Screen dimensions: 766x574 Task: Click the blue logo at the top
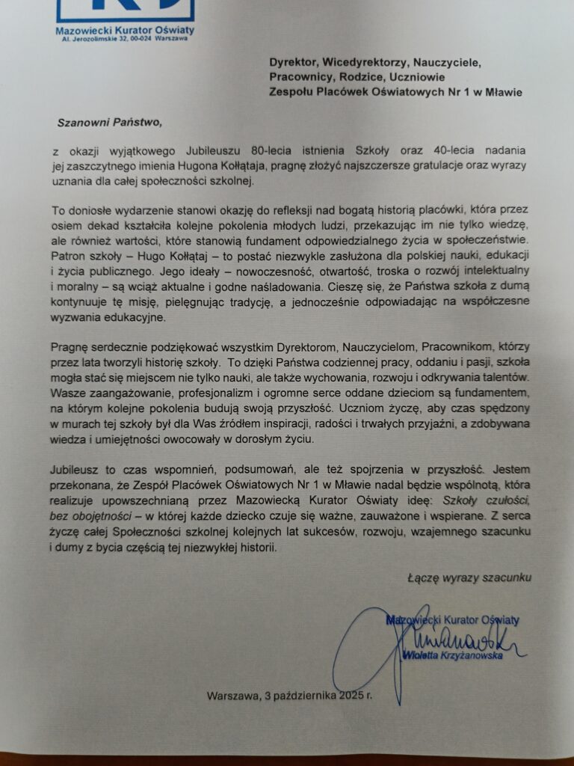click(125, 9)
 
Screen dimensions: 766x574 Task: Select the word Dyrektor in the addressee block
click(294, 62)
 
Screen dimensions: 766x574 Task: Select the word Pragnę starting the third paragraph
click(71, 346)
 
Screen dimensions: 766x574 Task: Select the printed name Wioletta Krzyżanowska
click(451, 655)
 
